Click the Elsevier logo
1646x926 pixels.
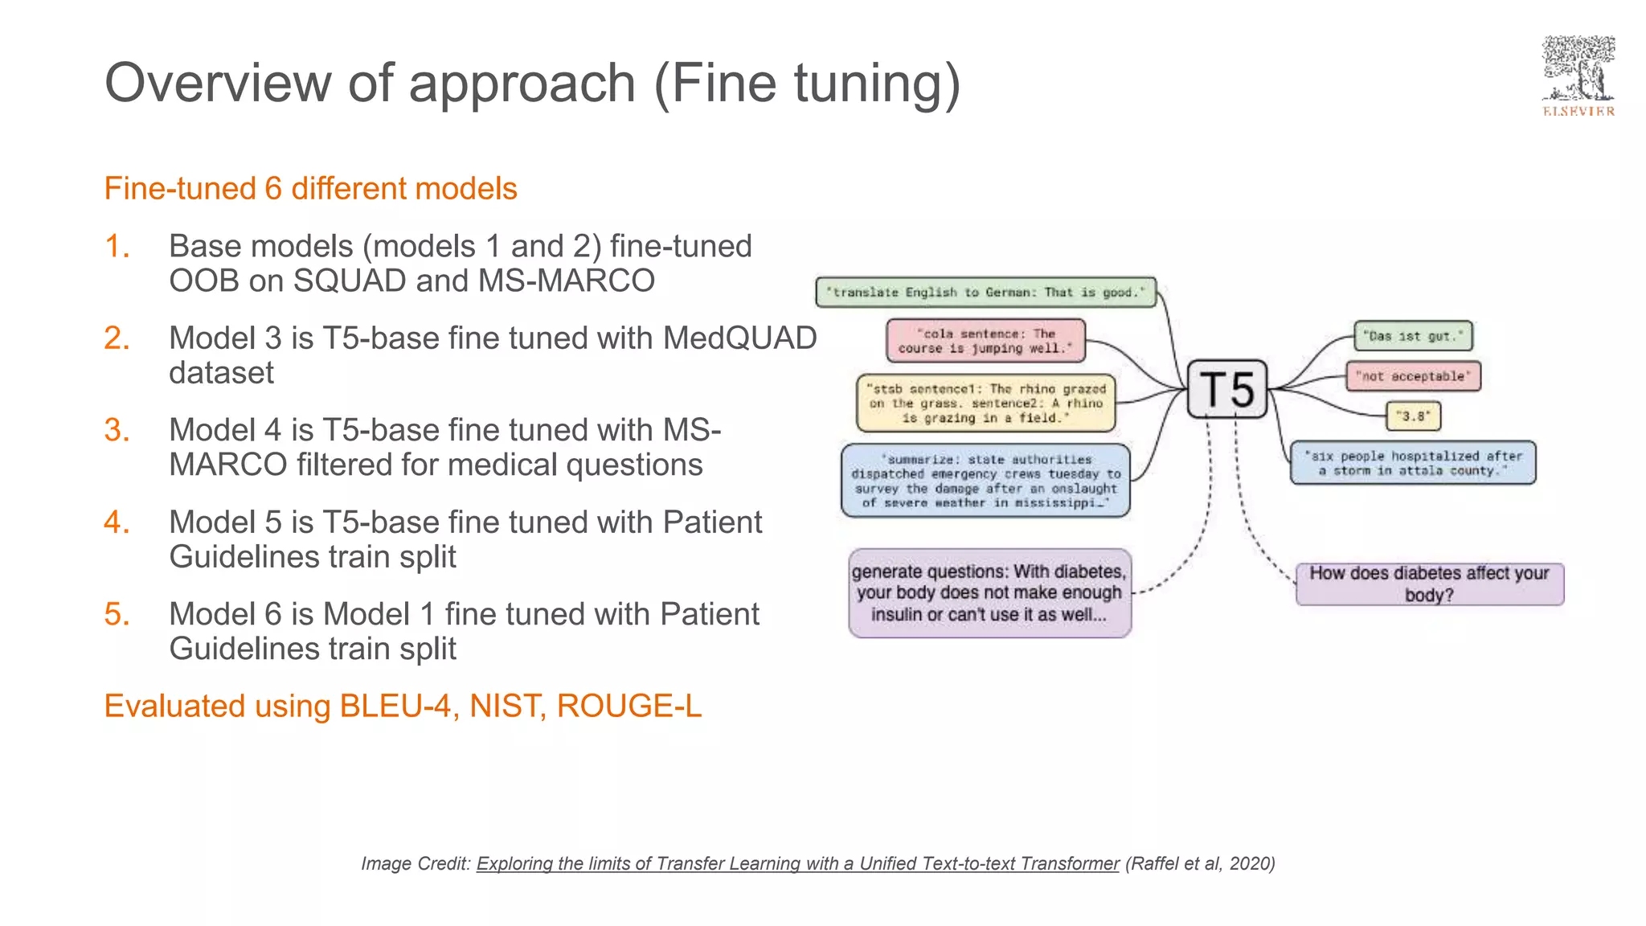click(1578, 77)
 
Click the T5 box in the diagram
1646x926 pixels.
click(1227, 390)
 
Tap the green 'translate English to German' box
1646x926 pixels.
click(985, 293)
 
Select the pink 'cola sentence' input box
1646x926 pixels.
click(985, 341)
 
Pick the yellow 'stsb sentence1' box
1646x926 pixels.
click(986, 404)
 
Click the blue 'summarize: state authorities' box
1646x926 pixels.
click(985, 481)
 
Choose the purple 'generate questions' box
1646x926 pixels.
click(989, 593)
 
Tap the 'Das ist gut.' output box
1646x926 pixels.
click(1413, 336)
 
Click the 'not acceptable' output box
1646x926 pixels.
click(1413, 376)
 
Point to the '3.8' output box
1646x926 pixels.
click(1413, 416)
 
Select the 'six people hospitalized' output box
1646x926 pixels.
click(1413, 463)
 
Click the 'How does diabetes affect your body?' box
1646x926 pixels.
click(1429, 584)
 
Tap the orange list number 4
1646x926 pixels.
click(117, 522)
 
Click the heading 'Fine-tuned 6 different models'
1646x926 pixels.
click(310, 189)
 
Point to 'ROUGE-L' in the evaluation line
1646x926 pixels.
click(629, 707)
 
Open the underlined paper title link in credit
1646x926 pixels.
click(797, 864)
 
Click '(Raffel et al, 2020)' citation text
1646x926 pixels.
click(1200, 864)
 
